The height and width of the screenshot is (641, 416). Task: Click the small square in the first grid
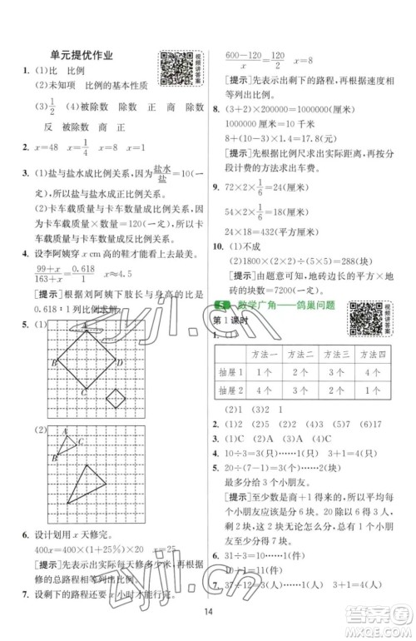tap(117, 399)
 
